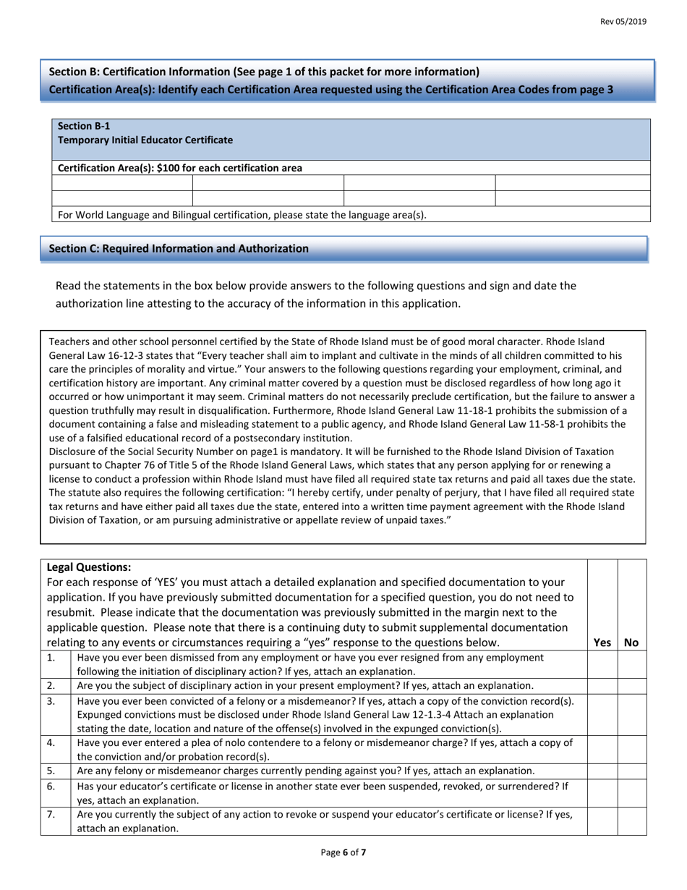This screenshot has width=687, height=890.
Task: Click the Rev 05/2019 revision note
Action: click(623, 22)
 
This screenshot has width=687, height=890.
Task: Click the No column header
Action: click(631, 642)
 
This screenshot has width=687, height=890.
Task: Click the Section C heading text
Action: click(178, 249)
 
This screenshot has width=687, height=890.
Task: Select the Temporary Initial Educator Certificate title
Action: click(145, 140)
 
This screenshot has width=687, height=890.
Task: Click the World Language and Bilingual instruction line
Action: click(242, 215)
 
